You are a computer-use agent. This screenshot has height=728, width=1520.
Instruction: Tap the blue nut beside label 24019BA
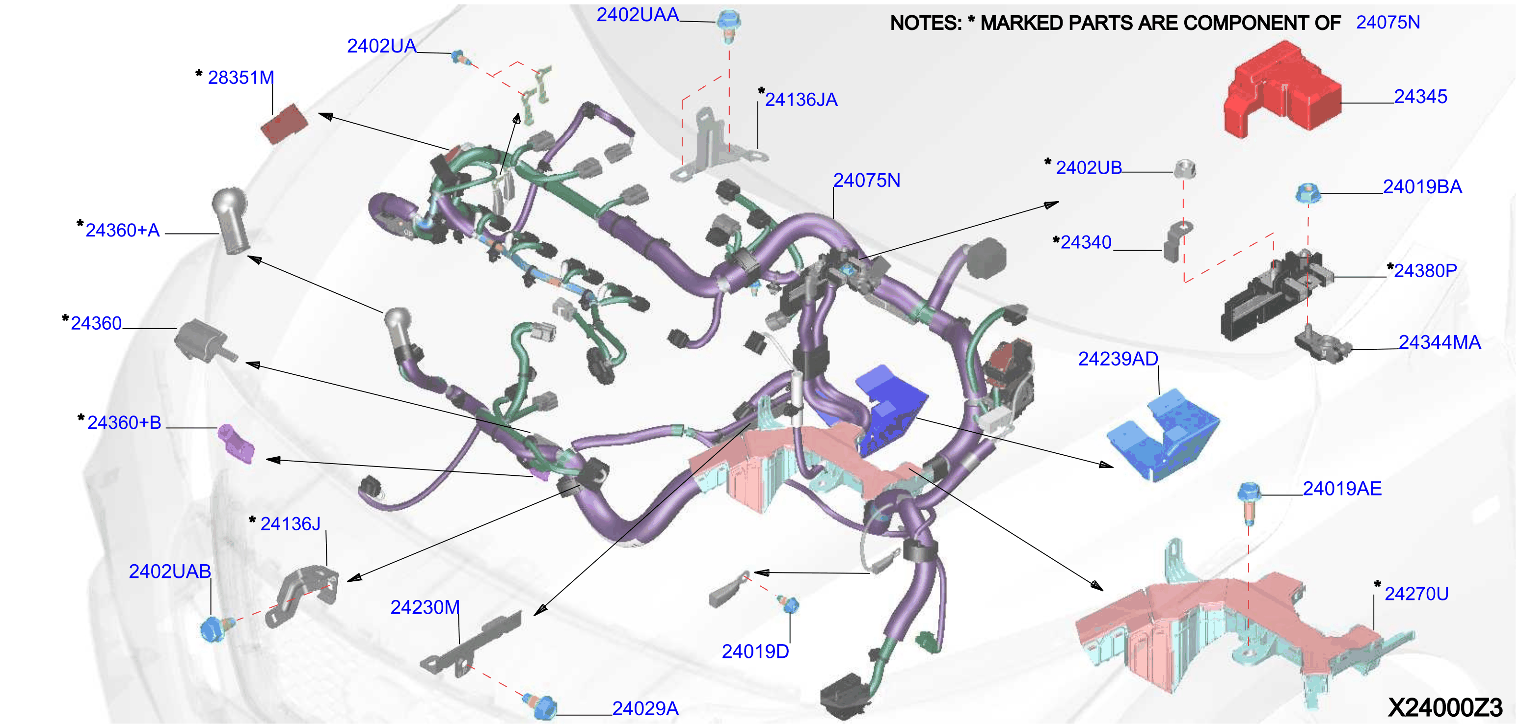(1307, 193)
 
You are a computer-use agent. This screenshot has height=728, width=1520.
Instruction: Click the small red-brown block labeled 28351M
(284, 124)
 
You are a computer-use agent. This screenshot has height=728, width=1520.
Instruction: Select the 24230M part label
(425, 607)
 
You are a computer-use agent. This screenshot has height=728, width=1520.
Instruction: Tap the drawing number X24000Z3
(1445, 707)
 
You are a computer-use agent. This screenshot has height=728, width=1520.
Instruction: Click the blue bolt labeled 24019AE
(1249, 503)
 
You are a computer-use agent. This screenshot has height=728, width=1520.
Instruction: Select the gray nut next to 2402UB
(1184, 169)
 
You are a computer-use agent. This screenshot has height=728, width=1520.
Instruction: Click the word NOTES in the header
(925, 23)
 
